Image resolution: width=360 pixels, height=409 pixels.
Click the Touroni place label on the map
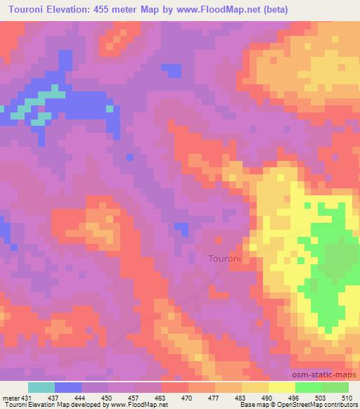pyautogui.click(x=225, y=259)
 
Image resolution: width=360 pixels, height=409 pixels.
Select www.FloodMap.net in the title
pyautogui.click(x=214, y=10)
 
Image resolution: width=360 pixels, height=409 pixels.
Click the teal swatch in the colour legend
pyautogui.click(x=41, y=387)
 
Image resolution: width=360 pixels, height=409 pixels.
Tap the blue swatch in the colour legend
pyautogui.click(x=68, y=387)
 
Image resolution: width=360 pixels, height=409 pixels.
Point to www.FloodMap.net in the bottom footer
pyautogui.click(x=138, y=404)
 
